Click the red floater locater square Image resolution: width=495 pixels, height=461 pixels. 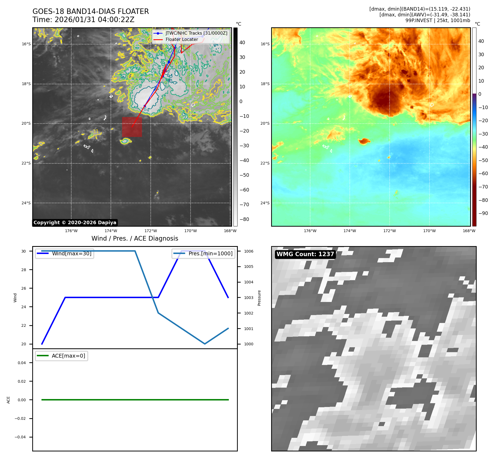(132, 127)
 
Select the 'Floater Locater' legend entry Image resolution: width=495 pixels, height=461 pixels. (182, 40)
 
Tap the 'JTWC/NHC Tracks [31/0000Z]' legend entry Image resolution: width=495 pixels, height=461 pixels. (196, 33)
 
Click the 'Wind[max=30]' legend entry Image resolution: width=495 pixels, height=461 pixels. (72, 253)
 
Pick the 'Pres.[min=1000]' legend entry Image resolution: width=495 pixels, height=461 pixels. (210, 253)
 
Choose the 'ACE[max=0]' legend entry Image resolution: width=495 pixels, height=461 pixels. (68, 356)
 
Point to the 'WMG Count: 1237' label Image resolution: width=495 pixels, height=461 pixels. (305, 254)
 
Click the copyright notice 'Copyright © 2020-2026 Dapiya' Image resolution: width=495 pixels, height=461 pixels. (75, 223)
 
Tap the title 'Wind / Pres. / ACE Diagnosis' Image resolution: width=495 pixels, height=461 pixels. (135, 238)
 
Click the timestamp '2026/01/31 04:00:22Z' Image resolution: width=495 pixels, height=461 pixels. (94, 20)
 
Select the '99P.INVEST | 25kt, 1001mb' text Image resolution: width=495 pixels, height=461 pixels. (438, 20)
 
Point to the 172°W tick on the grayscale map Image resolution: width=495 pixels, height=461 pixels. (151, 231)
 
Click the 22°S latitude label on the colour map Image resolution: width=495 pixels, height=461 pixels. (265, 163)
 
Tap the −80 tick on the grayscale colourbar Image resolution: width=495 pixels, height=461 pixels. (244, 219)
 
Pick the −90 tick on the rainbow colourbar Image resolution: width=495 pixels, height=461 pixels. (483, 213)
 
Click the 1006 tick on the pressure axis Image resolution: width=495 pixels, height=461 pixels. (248, 251)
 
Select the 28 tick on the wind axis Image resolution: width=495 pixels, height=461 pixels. (24, 270)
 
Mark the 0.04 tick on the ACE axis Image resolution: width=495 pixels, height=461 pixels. (22, 363)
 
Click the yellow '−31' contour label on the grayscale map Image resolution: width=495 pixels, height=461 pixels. (94, 131)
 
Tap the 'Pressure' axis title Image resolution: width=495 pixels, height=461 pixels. (259, 298)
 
